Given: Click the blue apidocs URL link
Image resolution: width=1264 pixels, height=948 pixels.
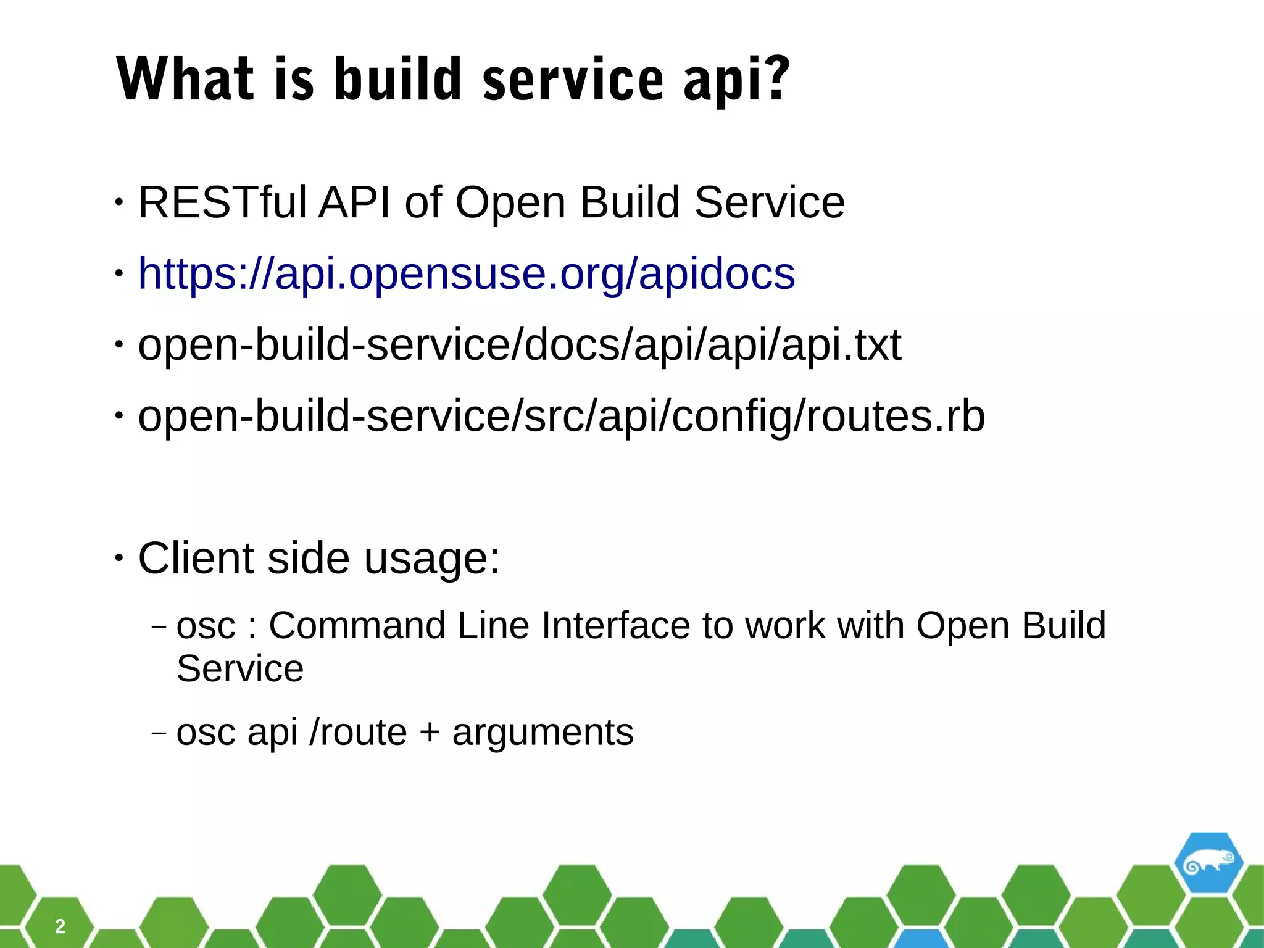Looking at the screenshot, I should point(467,273).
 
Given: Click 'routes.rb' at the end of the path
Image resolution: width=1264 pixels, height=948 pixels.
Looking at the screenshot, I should point(895,416).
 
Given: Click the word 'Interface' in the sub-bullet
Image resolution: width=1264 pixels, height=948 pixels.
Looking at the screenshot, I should point(615,625).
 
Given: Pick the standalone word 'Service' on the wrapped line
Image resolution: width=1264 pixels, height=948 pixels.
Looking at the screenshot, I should point(240,668).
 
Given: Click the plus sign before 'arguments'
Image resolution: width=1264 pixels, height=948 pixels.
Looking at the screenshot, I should point(430,733).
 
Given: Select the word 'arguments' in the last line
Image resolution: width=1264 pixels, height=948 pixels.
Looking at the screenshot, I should point(543,733).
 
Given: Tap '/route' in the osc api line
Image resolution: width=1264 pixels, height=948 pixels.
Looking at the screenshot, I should point(358,733).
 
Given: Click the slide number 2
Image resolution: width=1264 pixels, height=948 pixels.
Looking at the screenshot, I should point(60,926).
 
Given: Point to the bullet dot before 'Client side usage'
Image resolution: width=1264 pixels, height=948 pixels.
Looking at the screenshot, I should point(119,557).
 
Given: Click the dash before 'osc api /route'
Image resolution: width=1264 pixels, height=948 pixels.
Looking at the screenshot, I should point(159,733).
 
